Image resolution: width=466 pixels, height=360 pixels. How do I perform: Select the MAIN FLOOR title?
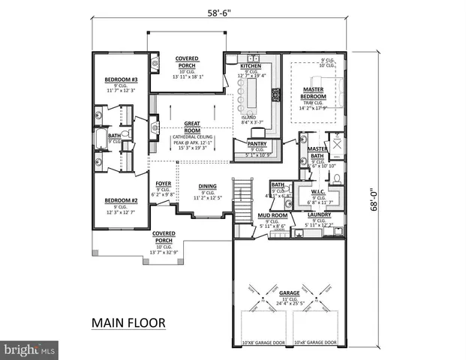pyautogui.click(x=129, y=323)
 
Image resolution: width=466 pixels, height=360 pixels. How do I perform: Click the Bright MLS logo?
pyautogui.click(x=29, y=349)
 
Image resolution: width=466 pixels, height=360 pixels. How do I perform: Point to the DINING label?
pyautogui.click(x=208, y=187)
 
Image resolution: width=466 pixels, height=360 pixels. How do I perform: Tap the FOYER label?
pyautogui.click(x=164, y=183)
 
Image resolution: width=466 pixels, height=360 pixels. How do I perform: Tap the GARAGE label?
pyautogui.click(x=290, y=293)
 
